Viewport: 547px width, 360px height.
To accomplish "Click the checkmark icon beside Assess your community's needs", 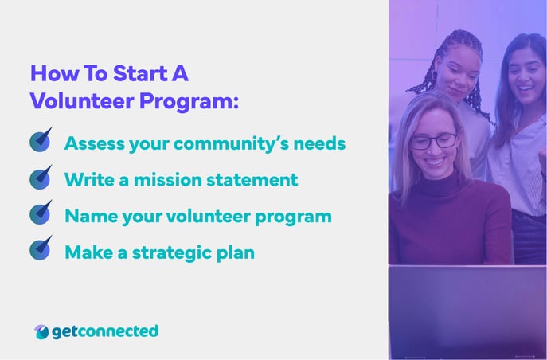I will (x=41, y=140).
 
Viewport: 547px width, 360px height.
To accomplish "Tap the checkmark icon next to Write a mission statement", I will (x=41, y=177).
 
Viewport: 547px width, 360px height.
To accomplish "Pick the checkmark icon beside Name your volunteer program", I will (x=41, y=213).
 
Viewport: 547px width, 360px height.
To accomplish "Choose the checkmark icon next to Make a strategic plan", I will (x=41, y=249).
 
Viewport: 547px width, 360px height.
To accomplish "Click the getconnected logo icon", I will (x=41, y=331).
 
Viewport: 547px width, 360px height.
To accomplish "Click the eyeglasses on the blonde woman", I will (x=433, y=142).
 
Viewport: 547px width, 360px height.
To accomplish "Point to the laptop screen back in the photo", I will (x=467, y=311).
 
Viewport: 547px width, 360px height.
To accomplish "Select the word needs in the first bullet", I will (x=322, y=144).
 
